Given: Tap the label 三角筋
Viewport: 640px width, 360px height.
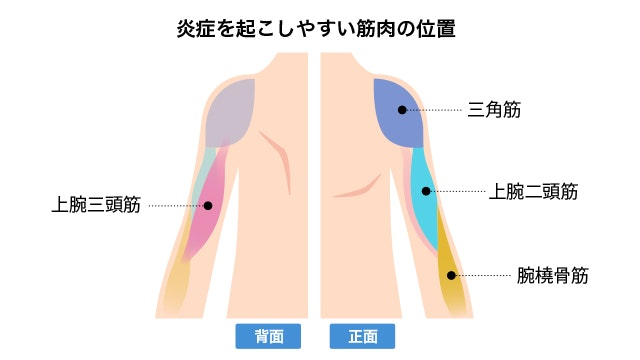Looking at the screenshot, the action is (x=495, y=109).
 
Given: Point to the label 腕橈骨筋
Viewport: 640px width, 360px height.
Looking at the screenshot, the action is (x=552, y=275).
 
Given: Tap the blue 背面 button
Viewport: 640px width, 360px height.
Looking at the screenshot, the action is (x=269, y=336).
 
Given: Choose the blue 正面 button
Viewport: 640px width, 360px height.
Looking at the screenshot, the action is (x=363, y=336).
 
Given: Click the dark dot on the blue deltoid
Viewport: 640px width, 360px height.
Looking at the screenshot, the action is (x=402, y=109).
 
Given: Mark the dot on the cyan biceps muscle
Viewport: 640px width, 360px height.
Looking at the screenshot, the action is (x=426, y=191).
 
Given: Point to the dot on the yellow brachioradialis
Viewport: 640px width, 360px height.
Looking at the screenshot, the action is (x=451, y=275).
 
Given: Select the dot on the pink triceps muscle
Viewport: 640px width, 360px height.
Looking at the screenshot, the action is (x=209, y=206).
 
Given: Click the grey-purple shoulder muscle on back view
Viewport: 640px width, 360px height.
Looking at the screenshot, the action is (x=232, y=110).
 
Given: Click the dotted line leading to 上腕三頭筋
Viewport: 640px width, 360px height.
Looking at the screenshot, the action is (x=175, y=206).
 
